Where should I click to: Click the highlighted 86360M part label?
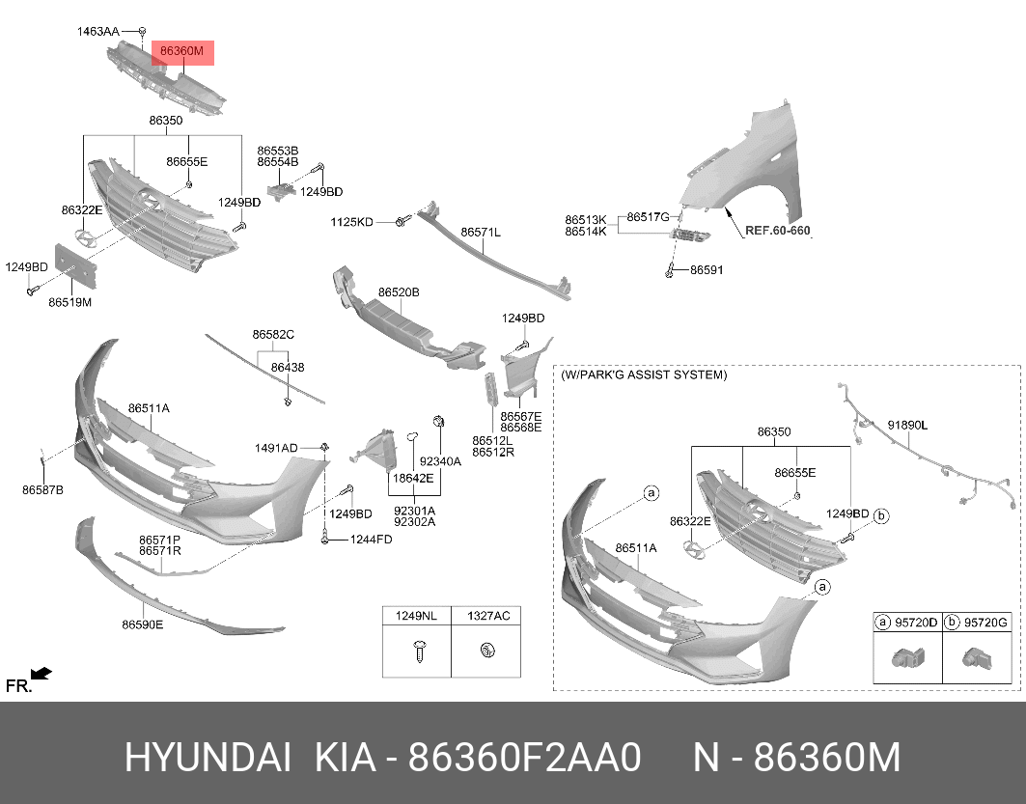click(x=182, y=52)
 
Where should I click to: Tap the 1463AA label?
click(x=98, y=32)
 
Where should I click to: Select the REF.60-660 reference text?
click(x=777, y=232)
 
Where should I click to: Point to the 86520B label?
click(x=398, y=291)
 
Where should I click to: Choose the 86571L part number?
click(x=480, y=233)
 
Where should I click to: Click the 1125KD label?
click(x=351, y=222)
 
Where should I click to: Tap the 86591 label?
click(x=707, y=271)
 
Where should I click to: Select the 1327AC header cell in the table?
click(x=487, y=615)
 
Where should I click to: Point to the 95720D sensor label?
click(x=915, y=623)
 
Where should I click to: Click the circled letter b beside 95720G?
click(x=951, y=623)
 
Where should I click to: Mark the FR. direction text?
click(x=18, y=686)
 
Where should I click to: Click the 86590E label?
click(x=142, y=624)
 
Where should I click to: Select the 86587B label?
click(x=42, y=490)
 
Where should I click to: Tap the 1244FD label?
click(x=371, y=540)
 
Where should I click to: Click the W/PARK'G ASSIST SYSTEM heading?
click(x=644, y=374)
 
